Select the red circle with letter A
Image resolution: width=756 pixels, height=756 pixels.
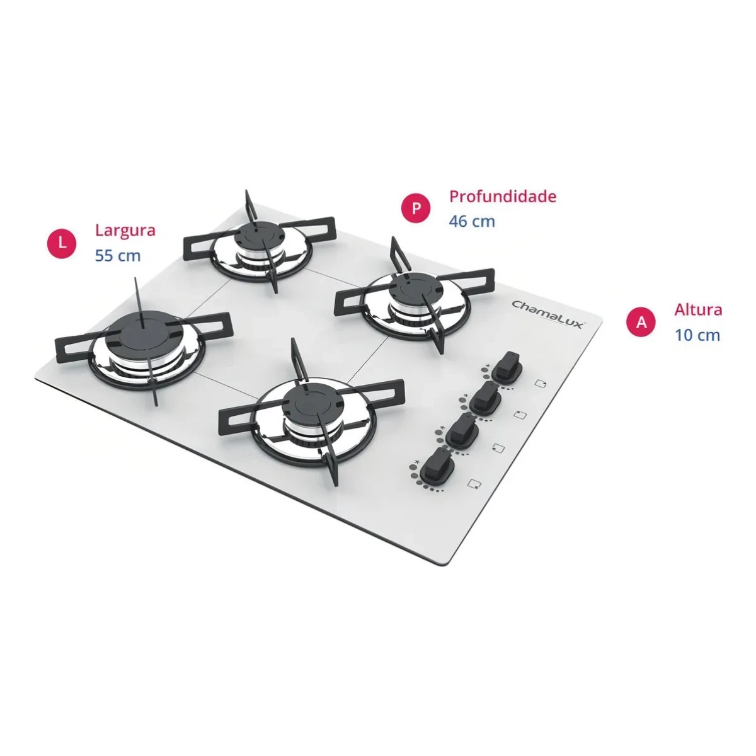641,322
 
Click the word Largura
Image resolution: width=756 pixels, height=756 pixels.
125,230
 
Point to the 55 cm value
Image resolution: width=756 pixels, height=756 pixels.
117,255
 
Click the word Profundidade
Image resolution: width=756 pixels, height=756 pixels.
503,196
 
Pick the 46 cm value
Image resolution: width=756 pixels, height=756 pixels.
472,221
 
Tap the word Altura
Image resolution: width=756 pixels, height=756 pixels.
698,310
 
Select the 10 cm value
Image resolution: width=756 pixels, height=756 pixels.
697,335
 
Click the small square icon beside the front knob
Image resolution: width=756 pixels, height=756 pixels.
474,483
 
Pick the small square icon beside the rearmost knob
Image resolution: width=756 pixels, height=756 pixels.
541,382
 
